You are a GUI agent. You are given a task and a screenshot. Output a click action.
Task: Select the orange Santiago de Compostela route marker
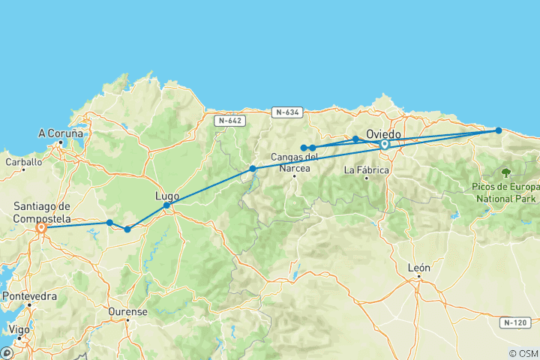click(x=41, y=227)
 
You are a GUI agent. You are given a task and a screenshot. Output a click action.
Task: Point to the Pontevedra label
click(x=30, y=296)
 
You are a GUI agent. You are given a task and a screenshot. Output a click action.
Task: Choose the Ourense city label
click(x=127, y=312)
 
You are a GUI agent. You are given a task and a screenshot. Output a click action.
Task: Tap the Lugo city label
click(x=166, y=196)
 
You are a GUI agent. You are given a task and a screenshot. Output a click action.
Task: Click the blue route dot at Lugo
click(x=166, y=205)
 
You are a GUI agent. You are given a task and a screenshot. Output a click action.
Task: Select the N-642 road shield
click(x=229, y=120)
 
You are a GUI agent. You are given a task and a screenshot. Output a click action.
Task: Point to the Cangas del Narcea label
click(x=295, y=161)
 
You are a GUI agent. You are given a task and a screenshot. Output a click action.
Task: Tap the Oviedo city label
click(x=383, y=134)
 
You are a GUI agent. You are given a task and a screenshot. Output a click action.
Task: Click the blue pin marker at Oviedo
click(x=385, y=144)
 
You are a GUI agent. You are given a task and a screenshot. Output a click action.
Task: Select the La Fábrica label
click(x=366, y=170)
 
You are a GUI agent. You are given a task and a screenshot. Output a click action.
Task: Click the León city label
click(x=418, y=267)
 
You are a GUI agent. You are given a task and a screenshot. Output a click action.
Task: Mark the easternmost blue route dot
click(x=499, y=130)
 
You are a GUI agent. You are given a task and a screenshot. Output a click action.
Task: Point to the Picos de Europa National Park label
click(x=507, y=192)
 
